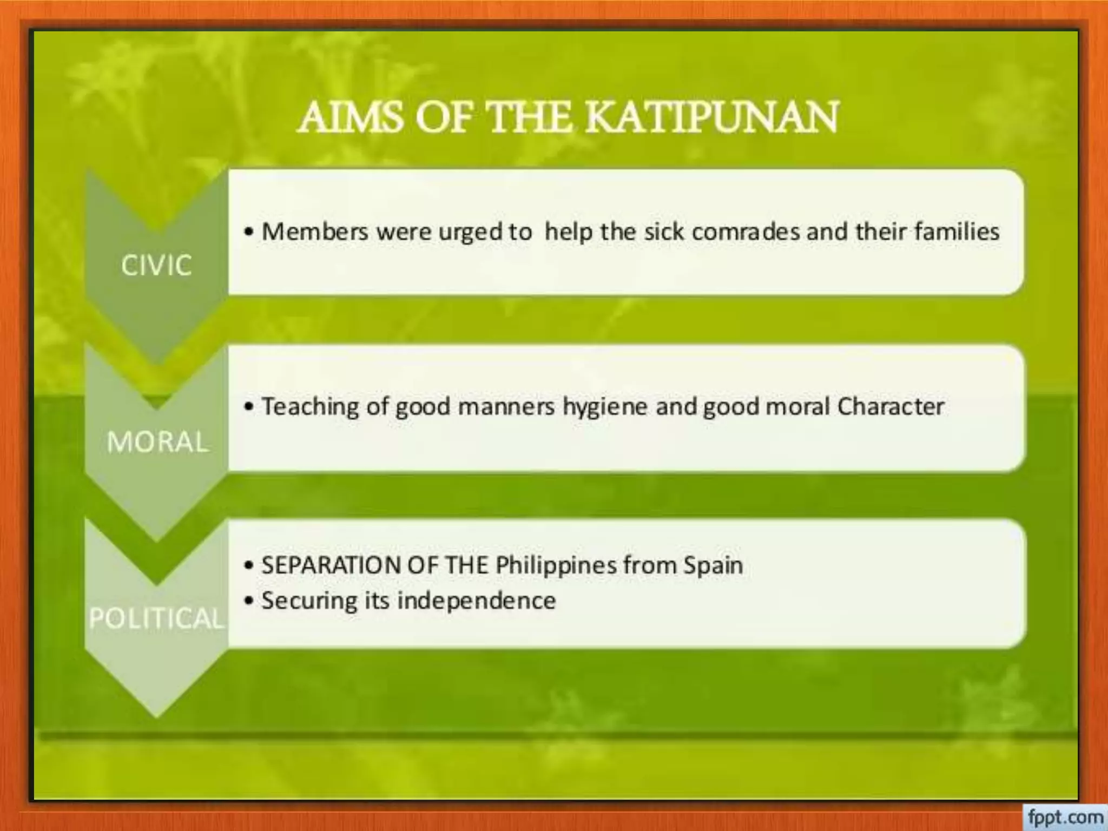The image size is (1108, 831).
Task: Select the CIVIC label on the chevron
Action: (156, 265)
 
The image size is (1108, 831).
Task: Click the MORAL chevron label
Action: (157, 441)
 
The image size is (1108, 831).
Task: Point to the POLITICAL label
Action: (156, 618)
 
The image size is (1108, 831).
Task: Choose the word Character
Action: (891, 406)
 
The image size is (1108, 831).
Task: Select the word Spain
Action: (713, 566)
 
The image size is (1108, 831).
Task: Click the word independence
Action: (477, 601)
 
